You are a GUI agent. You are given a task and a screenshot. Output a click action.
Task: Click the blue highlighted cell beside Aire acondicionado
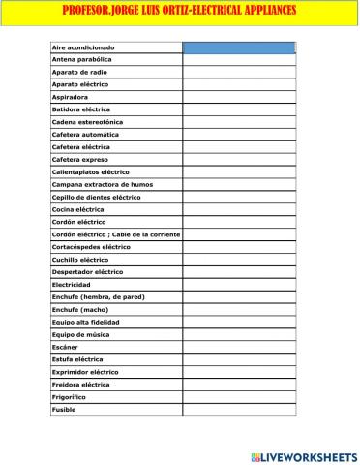[238, 47]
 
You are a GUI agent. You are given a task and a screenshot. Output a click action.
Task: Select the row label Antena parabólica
[82, 60]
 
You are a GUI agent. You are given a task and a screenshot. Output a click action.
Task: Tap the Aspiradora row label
[70, 97]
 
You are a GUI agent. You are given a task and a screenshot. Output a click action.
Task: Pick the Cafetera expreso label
[80, 160]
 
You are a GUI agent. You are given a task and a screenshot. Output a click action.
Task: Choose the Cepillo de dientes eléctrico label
[96, 197]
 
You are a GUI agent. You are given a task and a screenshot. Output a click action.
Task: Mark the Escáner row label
[65, 347]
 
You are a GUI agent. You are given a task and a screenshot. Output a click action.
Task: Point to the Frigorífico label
[69, 397]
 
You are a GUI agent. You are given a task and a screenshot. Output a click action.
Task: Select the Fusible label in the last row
[63, 410]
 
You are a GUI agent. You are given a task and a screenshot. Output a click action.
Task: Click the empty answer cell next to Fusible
[238, 410]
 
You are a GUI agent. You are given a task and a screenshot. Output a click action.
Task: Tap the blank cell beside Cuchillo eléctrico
[238, 260]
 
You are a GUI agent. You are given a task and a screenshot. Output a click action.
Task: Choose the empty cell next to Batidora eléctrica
[238, 109]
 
